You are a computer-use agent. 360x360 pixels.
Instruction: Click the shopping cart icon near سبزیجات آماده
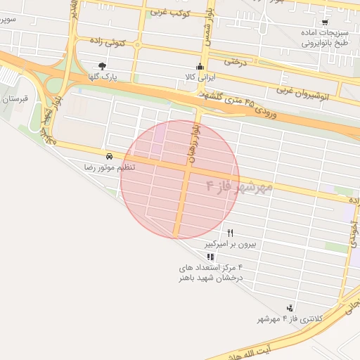(324, 22)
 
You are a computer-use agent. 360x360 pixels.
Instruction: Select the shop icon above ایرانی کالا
(200, 67)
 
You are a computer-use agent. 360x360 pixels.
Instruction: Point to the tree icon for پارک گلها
(103, 66)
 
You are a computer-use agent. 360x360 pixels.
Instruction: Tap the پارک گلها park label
(103, 76)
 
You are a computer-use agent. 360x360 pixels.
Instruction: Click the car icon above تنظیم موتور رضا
(109, 156)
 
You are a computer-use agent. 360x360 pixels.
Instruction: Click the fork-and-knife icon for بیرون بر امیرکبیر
(230, 233)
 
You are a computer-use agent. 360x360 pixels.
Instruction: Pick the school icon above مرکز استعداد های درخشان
(211, 257)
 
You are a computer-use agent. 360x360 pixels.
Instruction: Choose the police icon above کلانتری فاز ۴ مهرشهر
(290, 308)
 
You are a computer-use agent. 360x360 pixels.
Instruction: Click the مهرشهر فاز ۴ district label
(239, 187)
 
